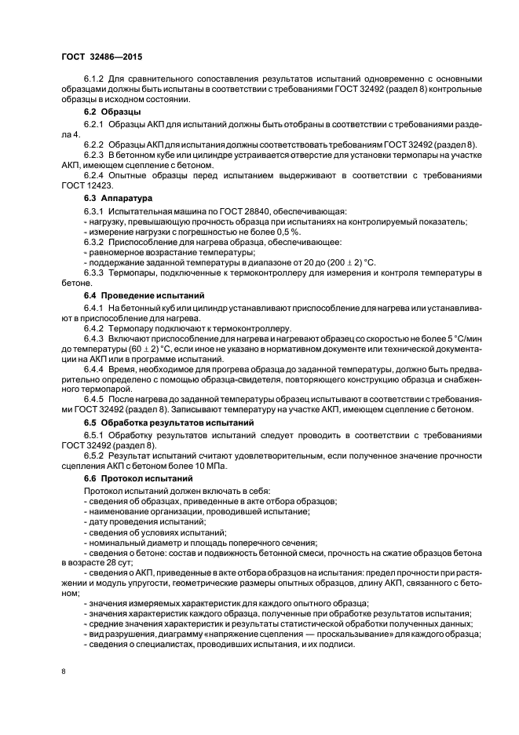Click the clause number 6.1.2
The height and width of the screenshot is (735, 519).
[96, 79]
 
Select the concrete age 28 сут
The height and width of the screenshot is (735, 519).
[118, 562]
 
